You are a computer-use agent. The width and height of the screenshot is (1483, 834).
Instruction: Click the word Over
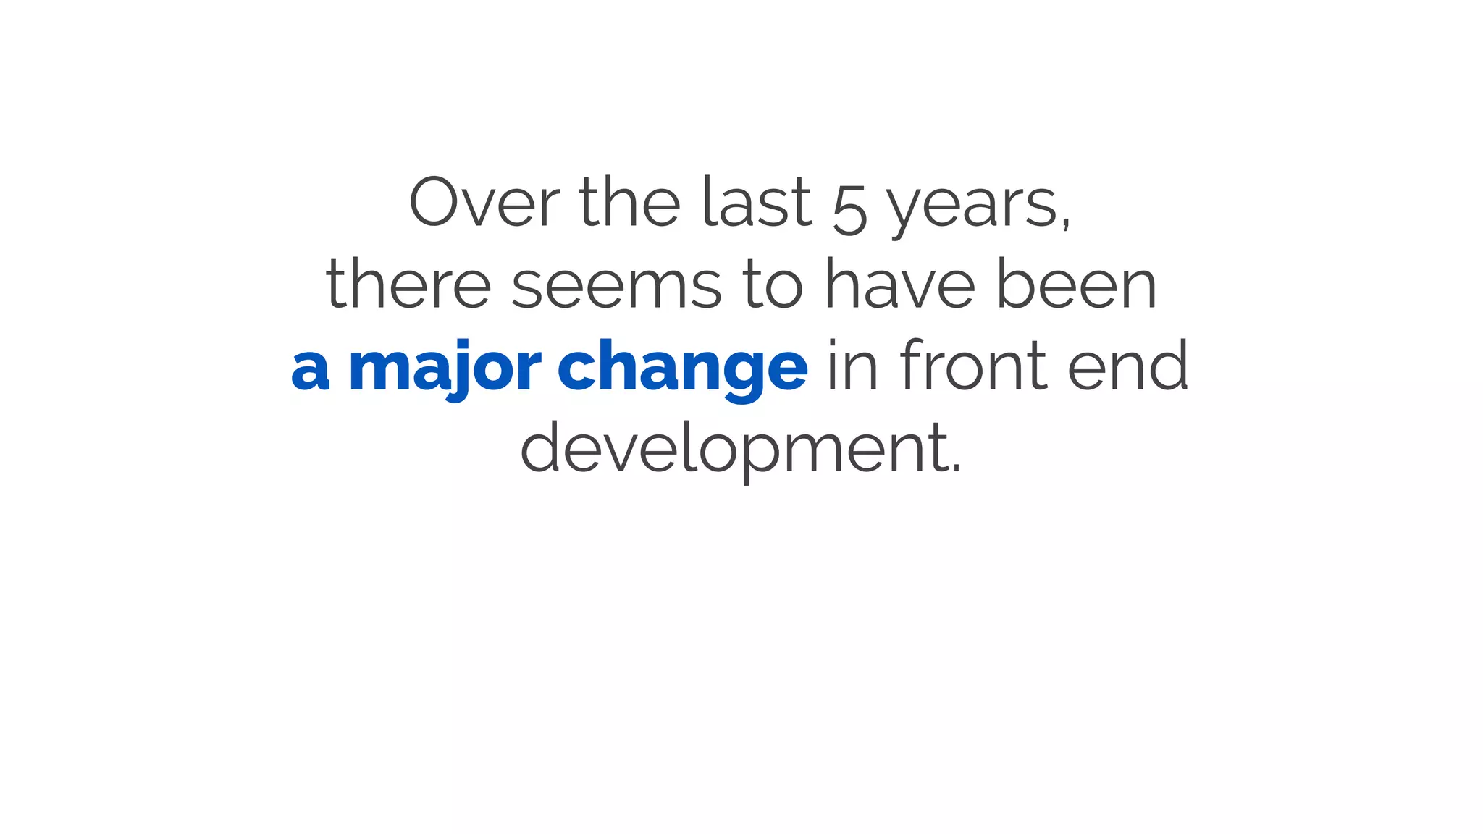point(484,203)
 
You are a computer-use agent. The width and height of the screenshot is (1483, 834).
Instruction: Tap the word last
point(757,203)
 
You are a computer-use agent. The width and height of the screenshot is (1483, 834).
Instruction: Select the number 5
point(849,211)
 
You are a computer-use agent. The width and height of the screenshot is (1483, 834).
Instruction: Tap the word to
point(773,285)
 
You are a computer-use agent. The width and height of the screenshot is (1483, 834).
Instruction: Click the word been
point(1077,285)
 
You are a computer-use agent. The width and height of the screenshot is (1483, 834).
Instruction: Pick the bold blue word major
point(445,368)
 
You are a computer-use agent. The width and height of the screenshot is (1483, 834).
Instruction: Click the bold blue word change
point(682,368)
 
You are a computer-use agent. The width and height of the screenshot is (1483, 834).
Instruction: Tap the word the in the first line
point(629,203)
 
